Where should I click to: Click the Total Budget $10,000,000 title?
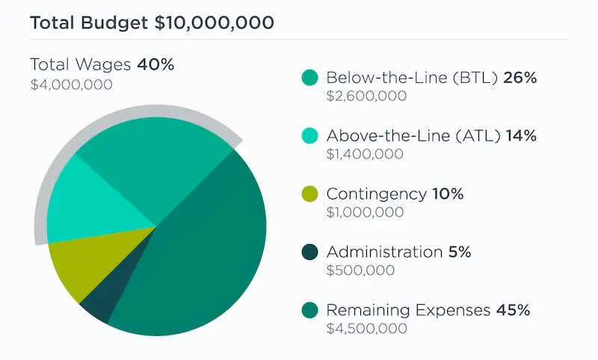tap(152, 22)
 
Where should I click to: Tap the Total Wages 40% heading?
tap(102, 64)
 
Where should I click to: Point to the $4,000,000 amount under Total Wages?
tap(71, 84)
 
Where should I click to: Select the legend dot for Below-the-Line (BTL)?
tap(309, 78)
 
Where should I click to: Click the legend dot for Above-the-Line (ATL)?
tap(309, 136)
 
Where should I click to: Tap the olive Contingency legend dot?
tap(309, 194)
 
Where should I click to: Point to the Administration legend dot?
tap(309, 252)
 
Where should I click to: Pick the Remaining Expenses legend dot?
tap(309, 310)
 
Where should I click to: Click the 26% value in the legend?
tap(521, 77)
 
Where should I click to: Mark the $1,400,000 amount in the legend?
tap(366, 155)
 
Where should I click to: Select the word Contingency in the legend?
tap(376, 194)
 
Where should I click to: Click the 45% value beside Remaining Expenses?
tap(513, 310)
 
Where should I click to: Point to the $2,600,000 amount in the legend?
tap(366, 96)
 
